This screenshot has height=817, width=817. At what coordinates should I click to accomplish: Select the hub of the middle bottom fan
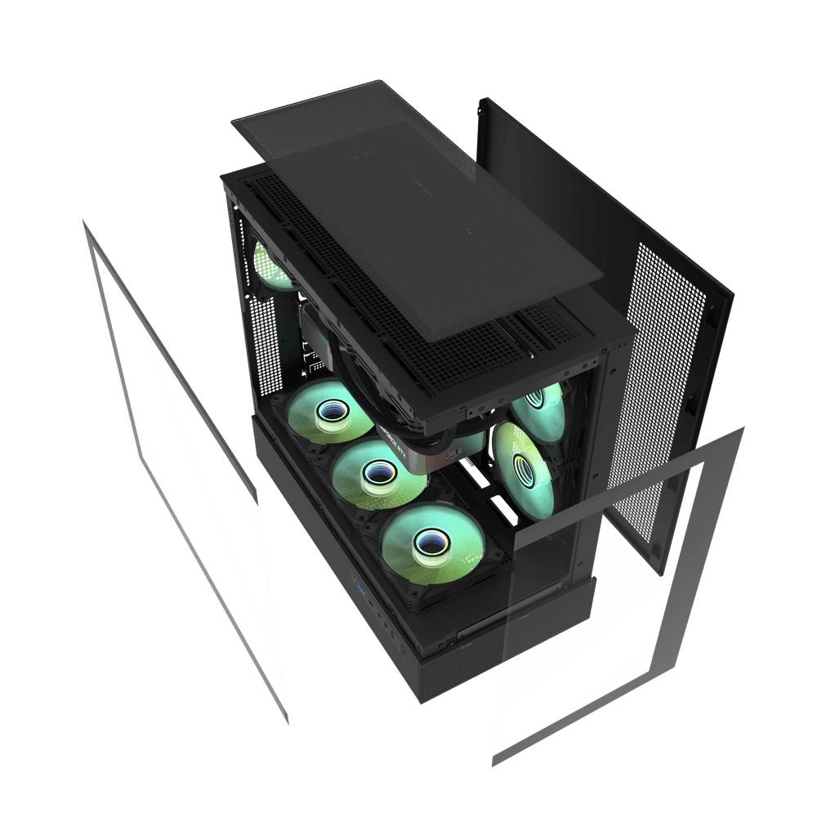376,472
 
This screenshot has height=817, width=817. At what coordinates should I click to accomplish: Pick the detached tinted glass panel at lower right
621,605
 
